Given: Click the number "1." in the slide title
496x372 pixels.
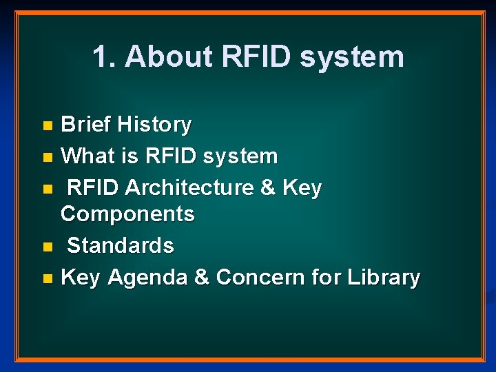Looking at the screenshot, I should [x=103, y=56].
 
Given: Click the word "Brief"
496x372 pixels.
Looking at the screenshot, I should [x=86, y=125].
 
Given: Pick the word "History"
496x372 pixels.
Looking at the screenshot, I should [x=154, y=125].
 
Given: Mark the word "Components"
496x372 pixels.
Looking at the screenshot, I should [x=127, y=214].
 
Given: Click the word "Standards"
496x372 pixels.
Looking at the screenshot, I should [x=121, y=245].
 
